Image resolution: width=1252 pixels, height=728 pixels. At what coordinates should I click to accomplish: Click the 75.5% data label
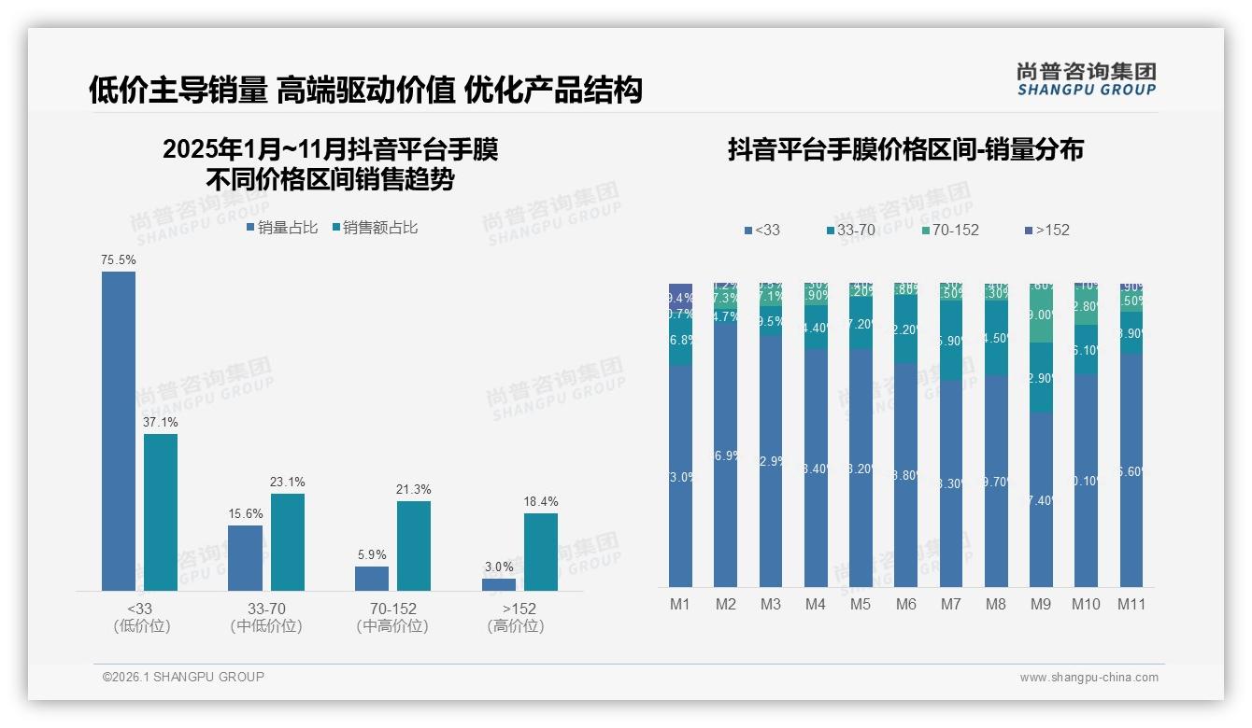[x=119, y=260]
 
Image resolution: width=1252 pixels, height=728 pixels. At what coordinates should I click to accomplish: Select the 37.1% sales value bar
[x=161, y=511]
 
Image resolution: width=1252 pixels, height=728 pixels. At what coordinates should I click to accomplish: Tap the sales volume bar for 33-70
[x=245, y=557]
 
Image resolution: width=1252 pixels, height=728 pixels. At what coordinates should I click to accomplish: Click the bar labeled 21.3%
[x=414, y=545]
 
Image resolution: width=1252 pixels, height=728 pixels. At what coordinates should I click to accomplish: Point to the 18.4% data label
[x=540, y=502]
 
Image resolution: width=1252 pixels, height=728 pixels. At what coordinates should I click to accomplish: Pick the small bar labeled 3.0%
[x=499, y=584]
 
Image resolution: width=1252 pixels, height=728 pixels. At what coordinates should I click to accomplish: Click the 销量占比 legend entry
[x=282, y=228]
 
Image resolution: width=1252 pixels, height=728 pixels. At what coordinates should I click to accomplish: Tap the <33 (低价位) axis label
[x=141, y=617]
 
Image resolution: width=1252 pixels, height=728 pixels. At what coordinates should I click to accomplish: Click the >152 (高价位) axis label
[x=516, y=617]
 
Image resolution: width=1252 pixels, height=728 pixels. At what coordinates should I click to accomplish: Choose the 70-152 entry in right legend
[x=949, y=230]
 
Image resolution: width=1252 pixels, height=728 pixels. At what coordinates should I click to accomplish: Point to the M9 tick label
[x=1040, y=604]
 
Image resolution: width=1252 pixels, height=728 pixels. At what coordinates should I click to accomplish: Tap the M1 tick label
[x=680, y=604]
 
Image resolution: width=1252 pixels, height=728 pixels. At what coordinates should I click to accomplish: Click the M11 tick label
[x=1131, y=604]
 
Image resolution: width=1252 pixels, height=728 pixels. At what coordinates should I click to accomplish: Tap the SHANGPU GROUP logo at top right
[x=1086, y=79]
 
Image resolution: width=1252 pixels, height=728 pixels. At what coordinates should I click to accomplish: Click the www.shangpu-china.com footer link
[x=1088, y=678]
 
